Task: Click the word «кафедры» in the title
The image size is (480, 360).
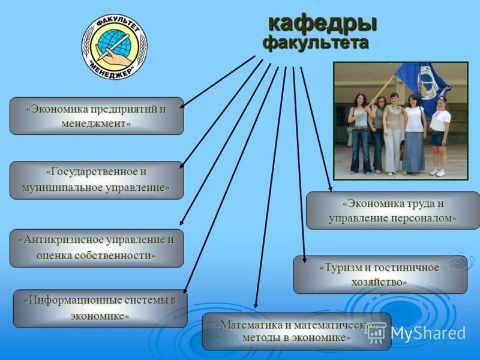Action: pyautogui.click(x=322, y=24)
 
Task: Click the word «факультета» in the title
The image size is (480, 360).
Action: pyautogui.click(x=316, y=43)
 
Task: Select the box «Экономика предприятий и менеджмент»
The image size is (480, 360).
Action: pyautogui.click(x=96, y=116)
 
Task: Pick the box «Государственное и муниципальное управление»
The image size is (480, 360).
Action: pyautogui.click(x=96, y=180)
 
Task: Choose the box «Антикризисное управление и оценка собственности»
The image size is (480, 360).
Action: pyautogui.click(x=96, y=248)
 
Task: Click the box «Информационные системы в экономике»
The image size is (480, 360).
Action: pyautogui.click(x=100, y=308)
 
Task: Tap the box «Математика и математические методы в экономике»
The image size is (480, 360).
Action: pyautogui.click(x=296, y=331)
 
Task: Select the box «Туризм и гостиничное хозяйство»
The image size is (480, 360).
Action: pyautogui.click(x=379, y=274)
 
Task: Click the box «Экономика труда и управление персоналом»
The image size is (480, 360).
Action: pyautogui.click(x=392, y=211)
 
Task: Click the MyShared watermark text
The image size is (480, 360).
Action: pyautogui.click(x=428, y=334)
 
